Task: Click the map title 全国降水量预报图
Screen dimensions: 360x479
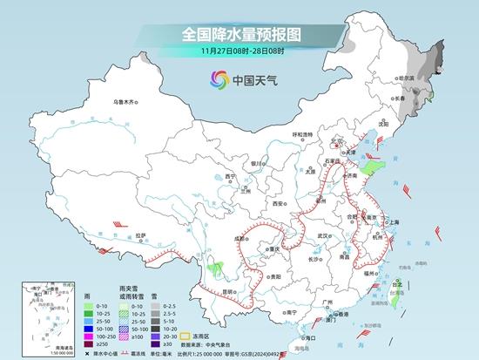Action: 239,35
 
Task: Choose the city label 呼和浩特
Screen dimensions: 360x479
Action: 301,134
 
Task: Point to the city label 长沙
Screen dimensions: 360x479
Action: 314,259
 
